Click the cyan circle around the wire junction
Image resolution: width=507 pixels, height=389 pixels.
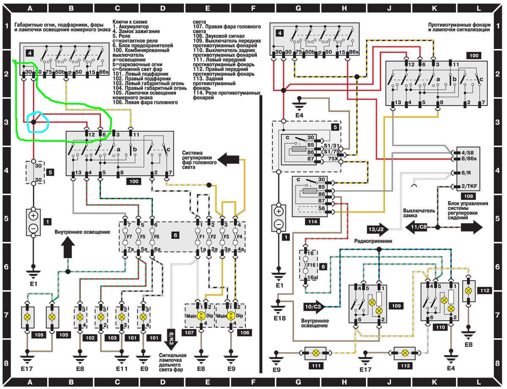(x=38, y=122)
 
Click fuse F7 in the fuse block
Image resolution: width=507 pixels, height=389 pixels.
(x=126, y=236)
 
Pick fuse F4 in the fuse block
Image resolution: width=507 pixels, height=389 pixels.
(x=240, y=236)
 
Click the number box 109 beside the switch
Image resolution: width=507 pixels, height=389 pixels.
(x=396, y=305)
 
